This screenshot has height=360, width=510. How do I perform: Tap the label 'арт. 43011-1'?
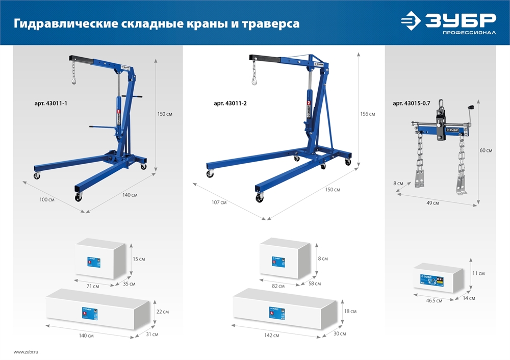click(x=50, y=104)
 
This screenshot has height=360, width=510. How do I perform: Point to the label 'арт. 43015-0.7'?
click(x=411, y=104)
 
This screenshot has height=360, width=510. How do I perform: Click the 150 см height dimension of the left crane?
click(x=165, y=114)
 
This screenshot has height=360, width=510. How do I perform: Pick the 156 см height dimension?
click(x=367, y=114)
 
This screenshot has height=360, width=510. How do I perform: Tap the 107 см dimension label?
click(x=219, y=202)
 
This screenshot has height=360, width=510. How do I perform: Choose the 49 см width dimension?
click(x=432, y=203)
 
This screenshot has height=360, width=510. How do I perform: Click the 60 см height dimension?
click(x=486, y=150)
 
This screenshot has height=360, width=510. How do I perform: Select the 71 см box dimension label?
click(x=92, y=287)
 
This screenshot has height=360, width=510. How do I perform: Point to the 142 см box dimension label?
click(x=272, y=336)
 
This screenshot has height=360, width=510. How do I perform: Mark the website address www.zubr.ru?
click(x=26, y=352)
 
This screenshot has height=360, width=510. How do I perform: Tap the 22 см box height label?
click(x=162, y=312)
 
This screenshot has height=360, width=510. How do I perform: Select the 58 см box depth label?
click(x=315, y=284)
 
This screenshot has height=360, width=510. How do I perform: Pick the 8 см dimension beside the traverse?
click(x=398, y=183)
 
